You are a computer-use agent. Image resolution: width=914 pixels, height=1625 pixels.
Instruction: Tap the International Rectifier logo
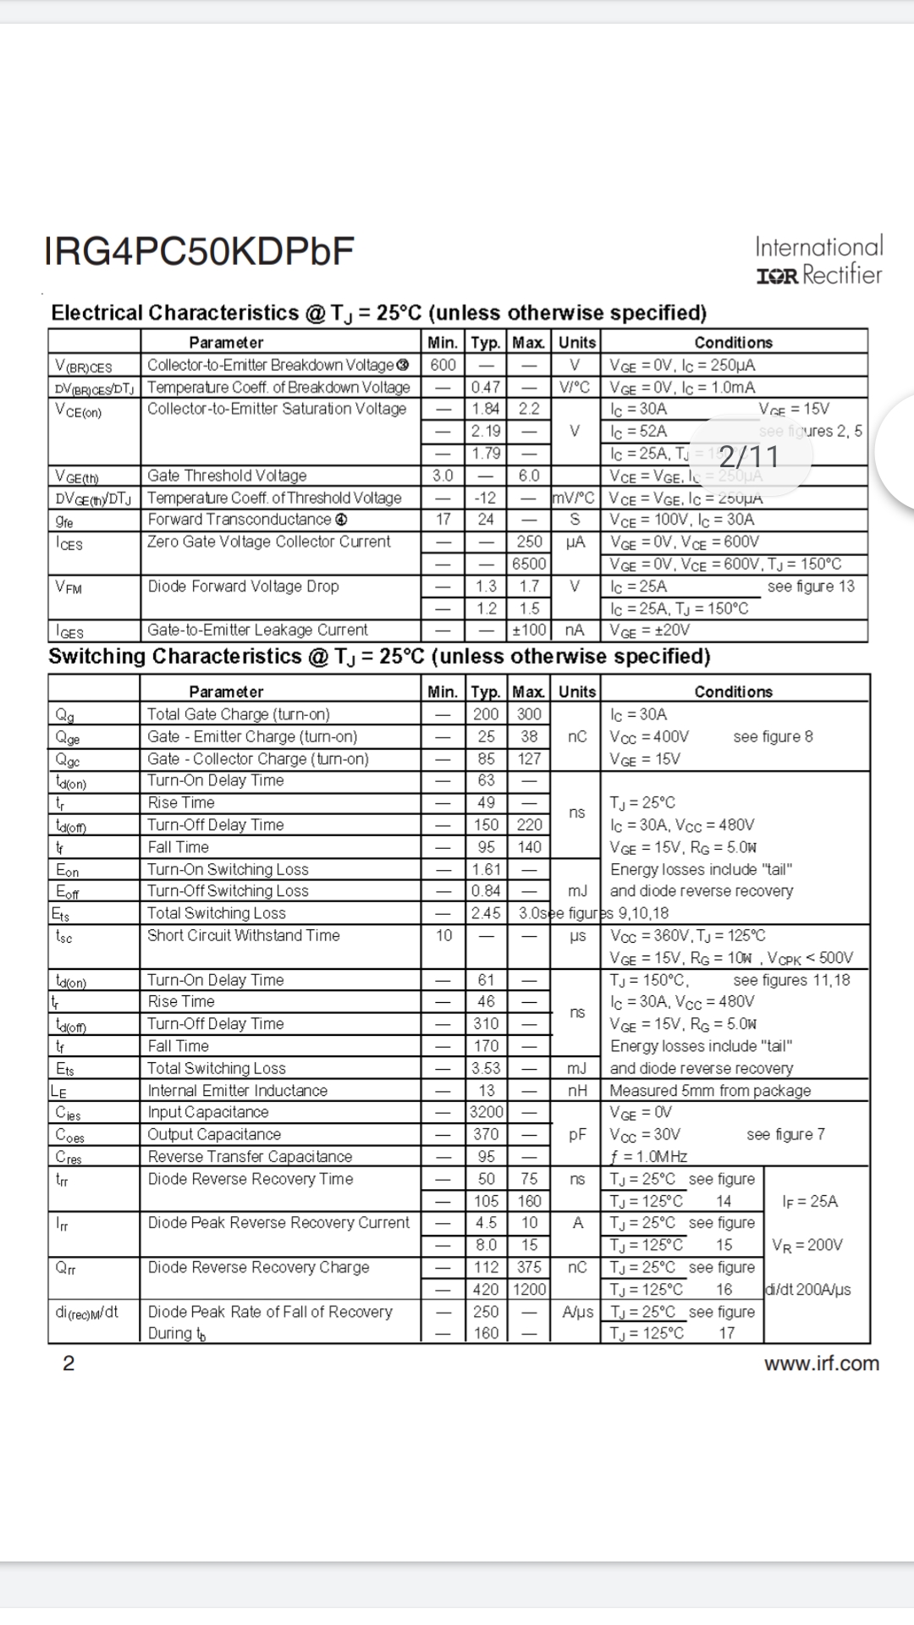pos(818,261)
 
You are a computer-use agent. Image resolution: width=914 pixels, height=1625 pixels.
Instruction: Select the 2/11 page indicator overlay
pos(748,457)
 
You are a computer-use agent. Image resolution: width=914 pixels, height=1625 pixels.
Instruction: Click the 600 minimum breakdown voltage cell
pos(443,365)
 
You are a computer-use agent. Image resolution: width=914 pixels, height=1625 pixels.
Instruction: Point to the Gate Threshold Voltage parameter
pos(227,476)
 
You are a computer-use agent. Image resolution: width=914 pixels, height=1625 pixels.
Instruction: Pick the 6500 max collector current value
pos(529,565)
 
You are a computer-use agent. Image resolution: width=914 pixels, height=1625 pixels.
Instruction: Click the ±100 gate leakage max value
pos(529,631)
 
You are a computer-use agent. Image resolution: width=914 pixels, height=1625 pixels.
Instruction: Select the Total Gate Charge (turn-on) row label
pos(239,714)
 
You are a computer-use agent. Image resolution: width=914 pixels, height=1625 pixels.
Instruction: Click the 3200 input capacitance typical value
pos(486,1112)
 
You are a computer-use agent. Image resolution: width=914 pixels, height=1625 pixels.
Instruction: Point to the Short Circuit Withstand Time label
pos(243,935)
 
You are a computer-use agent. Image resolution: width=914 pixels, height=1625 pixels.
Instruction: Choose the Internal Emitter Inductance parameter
pos(237,1091)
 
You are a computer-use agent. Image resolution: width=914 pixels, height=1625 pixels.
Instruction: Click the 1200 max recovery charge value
pos(529,1290)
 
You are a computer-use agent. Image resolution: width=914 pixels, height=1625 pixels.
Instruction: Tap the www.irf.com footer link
pos(821,1363)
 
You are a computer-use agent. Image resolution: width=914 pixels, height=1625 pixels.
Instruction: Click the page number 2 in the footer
pos(69,1363)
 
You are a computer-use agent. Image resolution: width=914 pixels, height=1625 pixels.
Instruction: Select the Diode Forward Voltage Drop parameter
pos(243,587)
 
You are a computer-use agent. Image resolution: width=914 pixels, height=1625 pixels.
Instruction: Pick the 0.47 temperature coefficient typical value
pos(486,387)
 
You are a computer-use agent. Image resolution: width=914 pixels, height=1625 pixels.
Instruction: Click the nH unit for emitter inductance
pos(576,1091)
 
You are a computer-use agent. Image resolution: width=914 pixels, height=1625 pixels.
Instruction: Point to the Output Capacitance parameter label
pos(214,1134)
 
